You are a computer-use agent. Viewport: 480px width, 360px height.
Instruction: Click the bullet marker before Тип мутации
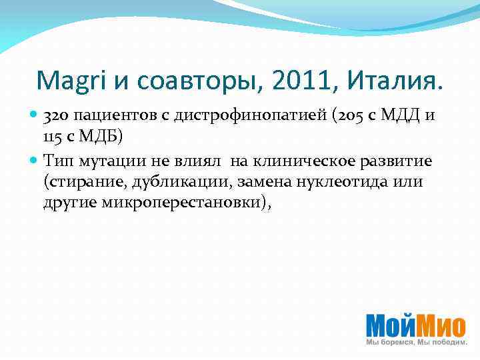(x=35, y=161)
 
